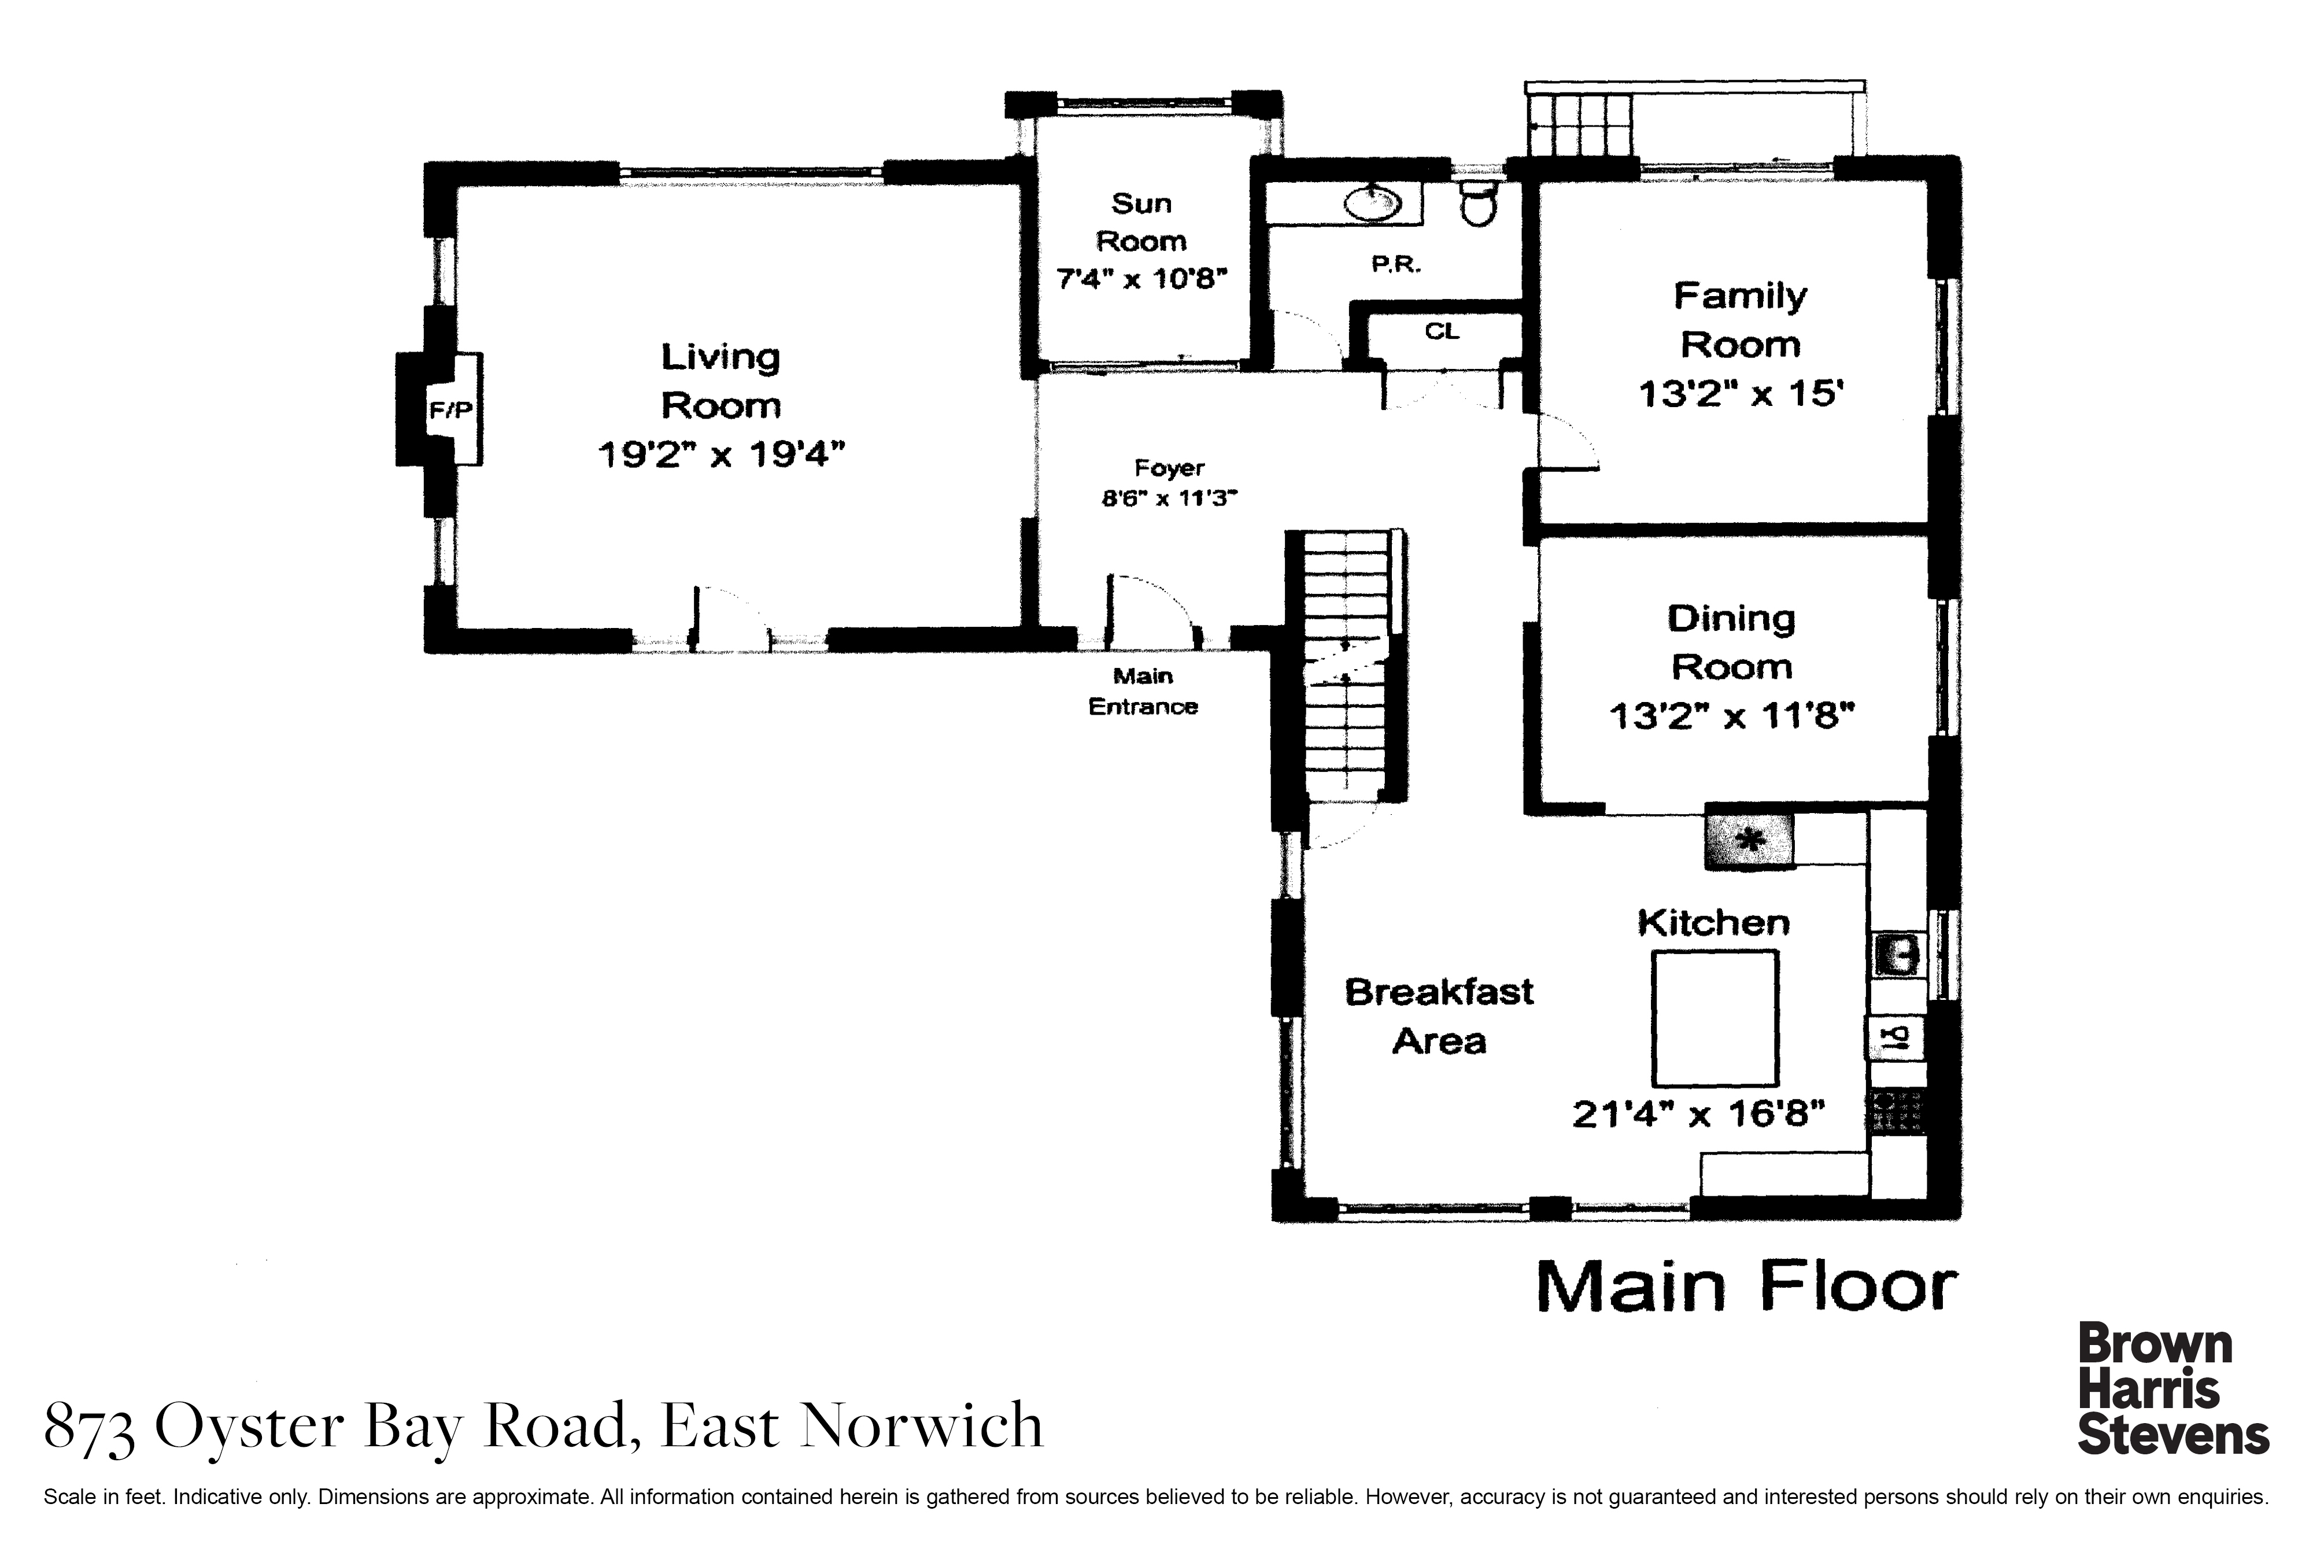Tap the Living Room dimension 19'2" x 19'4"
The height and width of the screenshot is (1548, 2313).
(722, 455)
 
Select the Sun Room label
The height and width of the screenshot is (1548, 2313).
(1141, 222)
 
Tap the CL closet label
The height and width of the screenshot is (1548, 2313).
(1442, 332)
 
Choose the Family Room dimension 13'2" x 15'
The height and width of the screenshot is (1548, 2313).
(1741, 394)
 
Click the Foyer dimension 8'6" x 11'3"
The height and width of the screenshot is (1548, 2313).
(1169, 498)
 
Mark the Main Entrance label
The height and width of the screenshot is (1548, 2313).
(1143, 691)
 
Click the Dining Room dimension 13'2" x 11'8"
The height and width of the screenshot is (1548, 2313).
(1731, 715)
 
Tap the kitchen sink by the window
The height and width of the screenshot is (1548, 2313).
(1897, 955)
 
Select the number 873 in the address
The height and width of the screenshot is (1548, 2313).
(90, 1428)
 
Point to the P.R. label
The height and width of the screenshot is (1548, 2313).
(1396, 265)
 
